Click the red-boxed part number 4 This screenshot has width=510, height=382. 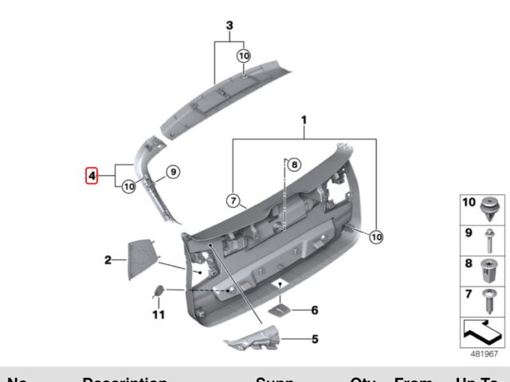(x=92, y=174)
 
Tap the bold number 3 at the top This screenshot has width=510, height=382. (x=229, y=26)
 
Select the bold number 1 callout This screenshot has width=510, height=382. (x=304, y=120)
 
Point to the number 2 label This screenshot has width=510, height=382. (x=108, y=259)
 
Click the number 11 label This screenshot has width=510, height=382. (x=158, y=316)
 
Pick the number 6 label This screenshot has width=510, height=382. (x=314, y=310)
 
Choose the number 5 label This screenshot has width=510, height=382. (x=314, y=339)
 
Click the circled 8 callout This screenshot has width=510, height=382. (x=293, y=166)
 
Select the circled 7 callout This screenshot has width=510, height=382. (x=233, y=201)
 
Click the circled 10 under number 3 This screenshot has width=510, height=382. (x=244, y=56)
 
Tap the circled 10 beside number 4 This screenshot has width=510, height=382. (x=127, y=186)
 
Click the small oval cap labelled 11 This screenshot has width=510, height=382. (x=159, y=291)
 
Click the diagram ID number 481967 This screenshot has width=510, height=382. (x=484, y=353)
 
